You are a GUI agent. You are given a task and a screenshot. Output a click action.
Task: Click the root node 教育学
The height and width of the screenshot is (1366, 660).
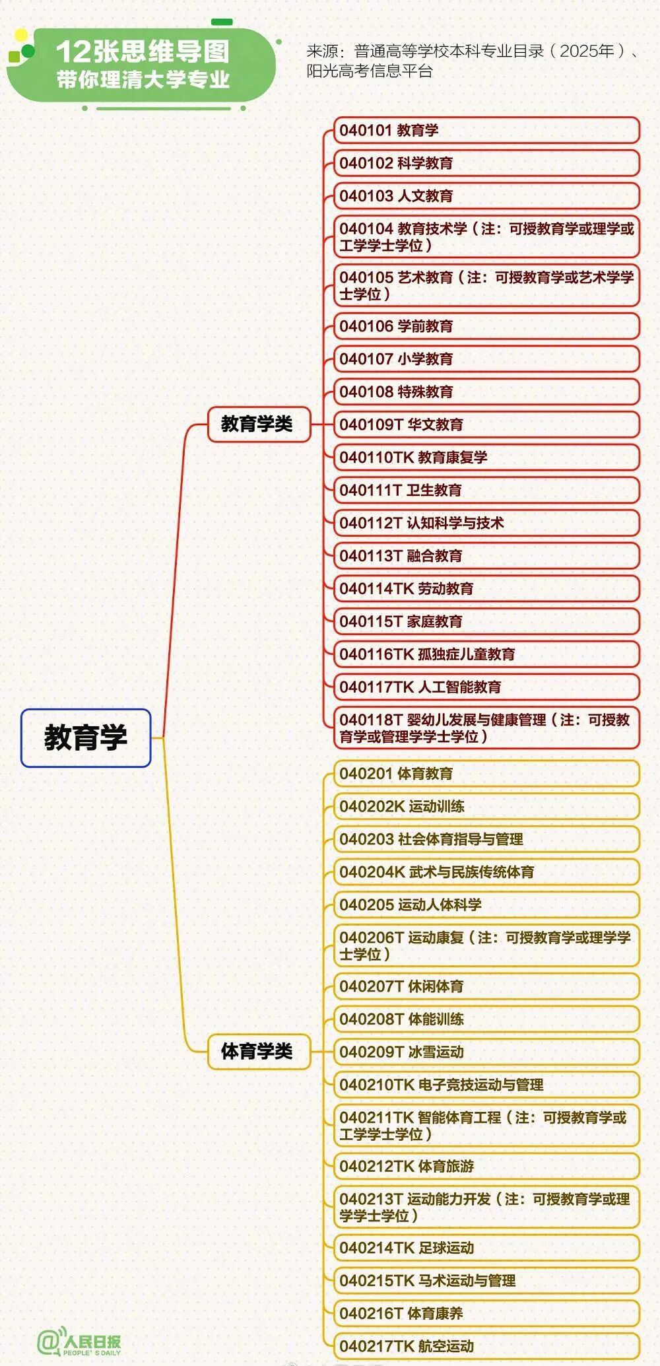(x=86, y=737)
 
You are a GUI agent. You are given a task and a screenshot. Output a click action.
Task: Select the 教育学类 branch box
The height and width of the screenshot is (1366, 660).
(x=259, y=424)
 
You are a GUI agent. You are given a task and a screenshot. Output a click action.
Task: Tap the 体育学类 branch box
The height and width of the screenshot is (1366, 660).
(x=259, y=1051)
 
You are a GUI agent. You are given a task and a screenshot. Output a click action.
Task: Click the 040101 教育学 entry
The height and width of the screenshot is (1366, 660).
(x=486, y=130)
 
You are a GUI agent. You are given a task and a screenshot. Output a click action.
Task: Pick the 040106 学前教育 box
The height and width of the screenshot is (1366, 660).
(x=486, y=326)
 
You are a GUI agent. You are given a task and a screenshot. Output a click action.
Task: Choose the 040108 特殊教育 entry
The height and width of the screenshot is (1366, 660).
(x=486, y=392)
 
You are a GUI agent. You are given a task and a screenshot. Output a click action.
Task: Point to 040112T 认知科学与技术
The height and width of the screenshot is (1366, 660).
(x=486, y=523)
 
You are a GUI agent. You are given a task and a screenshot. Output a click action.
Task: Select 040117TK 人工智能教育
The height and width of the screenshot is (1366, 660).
(x=486, y=687)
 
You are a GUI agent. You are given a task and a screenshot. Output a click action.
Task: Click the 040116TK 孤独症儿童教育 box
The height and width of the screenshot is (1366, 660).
(x=486, y=654)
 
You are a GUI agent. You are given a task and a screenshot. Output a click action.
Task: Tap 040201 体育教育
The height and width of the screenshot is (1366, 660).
(x=486, y=773)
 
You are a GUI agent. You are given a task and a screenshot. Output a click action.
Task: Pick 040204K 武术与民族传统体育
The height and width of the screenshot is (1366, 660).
(x=486, y=871)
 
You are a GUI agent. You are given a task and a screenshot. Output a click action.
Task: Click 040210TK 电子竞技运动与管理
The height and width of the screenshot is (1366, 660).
(x=486, y=1085)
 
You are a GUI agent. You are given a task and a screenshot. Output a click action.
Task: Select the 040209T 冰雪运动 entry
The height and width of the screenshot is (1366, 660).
(x=486, y=1052)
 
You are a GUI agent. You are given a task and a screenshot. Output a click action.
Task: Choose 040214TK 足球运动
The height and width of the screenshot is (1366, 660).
(x=486, y=1248)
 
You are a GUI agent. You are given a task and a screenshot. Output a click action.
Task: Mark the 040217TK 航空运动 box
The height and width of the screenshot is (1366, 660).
(x=486, y=1346)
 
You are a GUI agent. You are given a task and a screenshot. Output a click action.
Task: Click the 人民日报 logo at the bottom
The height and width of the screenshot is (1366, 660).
(x=79, y=1342)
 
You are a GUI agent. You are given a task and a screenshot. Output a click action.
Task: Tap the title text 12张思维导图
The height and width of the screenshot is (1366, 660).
(x=143, y=51)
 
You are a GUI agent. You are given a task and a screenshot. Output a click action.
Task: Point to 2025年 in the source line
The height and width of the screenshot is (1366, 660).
(x=587, y=51)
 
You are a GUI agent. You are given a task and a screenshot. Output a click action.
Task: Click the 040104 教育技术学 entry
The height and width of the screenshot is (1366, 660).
(x=486, y=236)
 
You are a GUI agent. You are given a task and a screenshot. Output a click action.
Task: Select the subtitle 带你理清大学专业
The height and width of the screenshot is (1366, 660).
(x=143, y=80)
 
